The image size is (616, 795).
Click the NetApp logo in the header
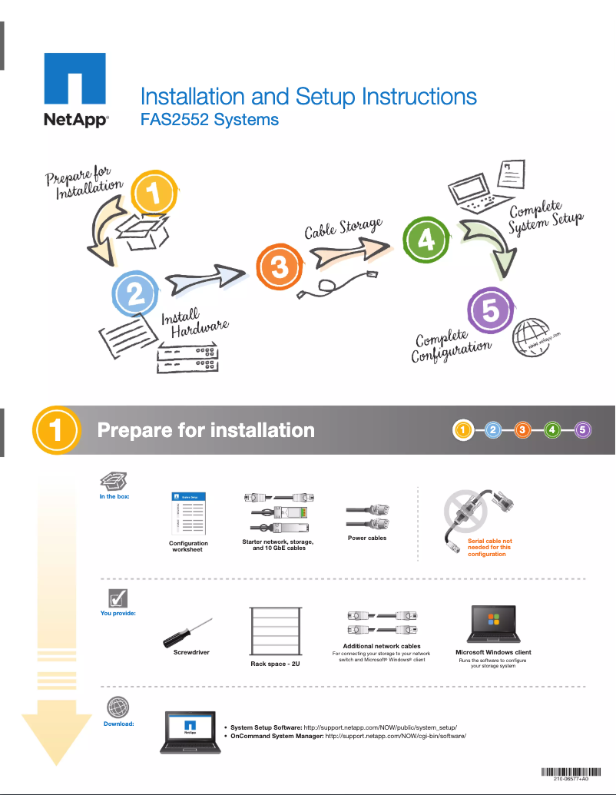point(75,90)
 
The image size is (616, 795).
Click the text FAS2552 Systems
point(209,120)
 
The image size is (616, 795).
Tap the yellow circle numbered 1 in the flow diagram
point(156,194)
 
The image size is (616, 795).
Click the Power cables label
point(367,538)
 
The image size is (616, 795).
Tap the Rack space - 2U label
point(275,663)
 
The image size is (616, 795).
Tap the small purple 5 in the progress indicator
point(583,430)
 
